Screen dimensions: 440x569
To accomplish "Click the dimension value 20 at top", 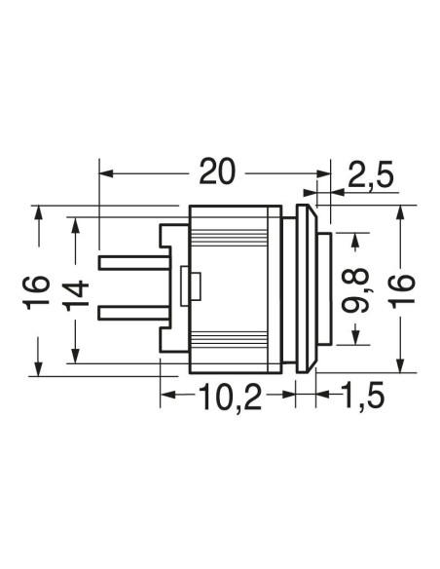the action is click(x=217, y=171).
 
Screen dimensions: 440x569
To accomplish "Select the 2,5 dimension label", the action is click(x=371, y=175).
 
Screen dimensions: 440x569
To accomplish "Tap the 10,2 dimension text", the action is click(x=230, y=397).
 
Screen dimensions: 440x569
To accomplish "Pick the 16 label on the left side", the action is click(x=37, y=293).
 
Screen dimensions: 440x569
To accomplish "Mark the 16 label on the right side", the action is click(x=402, y=291).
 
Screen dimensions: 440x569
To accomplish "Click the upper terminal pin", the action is click(x=135, y=263).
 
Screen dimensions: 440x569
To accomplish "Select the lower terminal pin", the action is click(x=135, y=314).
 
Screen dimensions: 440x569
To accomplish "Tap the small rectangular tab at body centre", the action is click(x=191, y=286).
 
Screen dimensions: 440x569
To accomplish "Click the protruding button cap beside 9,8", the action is click(x=324, y=288).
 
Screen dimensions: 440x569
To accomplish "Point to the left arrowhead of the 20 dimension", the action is click(x=106, y=173).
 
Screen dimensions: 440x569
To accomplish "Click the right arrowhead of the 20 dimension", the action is click(x=323, y=173).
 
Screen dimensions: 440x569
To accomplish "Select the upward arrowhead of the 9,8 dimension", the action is click(x=355, y=241).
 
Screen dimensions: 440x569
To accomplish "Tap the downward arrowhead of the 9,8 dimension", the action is click(x=355, y=337).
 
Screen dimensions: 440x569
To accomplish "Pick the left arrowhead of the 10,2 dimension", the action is click(x=167, y=395).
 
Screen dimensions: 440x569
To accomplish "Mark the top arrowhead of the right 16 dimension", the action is click(x=400, y=212).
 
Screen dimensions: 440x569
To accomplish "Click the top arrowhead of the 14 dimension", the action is click(x=75, y=225).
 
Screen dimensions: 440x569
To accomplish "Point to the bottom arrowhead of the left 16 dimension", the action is click(x=38, y=368).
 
